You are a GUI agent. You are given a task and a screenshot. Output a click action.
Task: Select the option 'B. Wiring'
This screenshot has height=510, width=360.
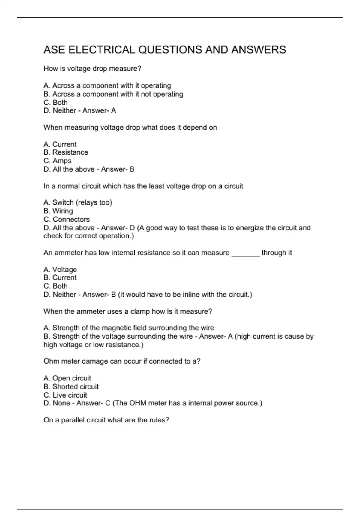click(x=58, y=211)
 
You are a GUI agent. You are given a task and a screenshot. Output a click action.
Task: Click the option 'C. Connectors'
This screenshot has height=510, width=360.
click(x=67, y=219)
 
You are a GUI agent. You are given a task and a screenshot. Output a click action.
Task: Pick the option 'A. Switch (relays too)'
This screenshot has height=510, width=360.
click(x=78, y=202)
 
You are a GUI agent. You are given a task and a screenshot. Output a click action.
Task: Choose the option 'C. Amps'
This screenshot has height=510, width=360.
click(x=57, y=161)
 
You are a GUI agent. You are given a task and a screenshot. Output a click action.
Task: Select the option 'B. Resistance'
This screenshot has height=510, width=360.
click(x=66, y=152)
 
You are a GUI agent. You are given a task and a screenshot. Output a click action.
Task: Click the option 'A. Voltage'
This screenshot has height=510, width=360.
click(x=60, y=270)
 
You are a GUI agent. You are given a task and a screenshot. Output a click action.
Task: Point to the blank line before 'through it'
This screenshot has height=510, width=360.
click(x=245, y=253)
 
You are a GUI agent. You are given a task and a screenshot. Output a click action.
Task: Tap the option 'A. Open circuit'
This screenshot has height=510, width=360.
click(x=67, y=378)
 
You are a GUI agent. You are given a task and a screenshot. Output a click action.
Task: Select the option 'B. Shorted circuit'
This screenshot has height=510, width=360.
click(x=71, y=386)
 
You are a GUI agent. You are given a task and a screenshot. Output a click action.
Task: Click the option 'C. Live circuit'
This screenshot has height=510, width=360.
click(x=65, y=395)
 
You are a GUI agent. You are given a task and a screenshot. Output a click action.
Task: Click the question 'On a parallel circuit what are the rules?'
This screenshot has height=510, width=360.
click(x=106, y=420)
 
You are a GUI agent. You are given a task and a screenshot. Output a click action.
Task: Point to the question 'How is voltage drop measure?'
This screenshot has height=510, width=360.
click(x=92, y=69)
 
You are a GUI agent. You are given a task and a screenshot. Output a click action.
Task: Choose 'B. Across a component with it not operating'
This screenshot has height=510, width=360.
click(x=113, y=94)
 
